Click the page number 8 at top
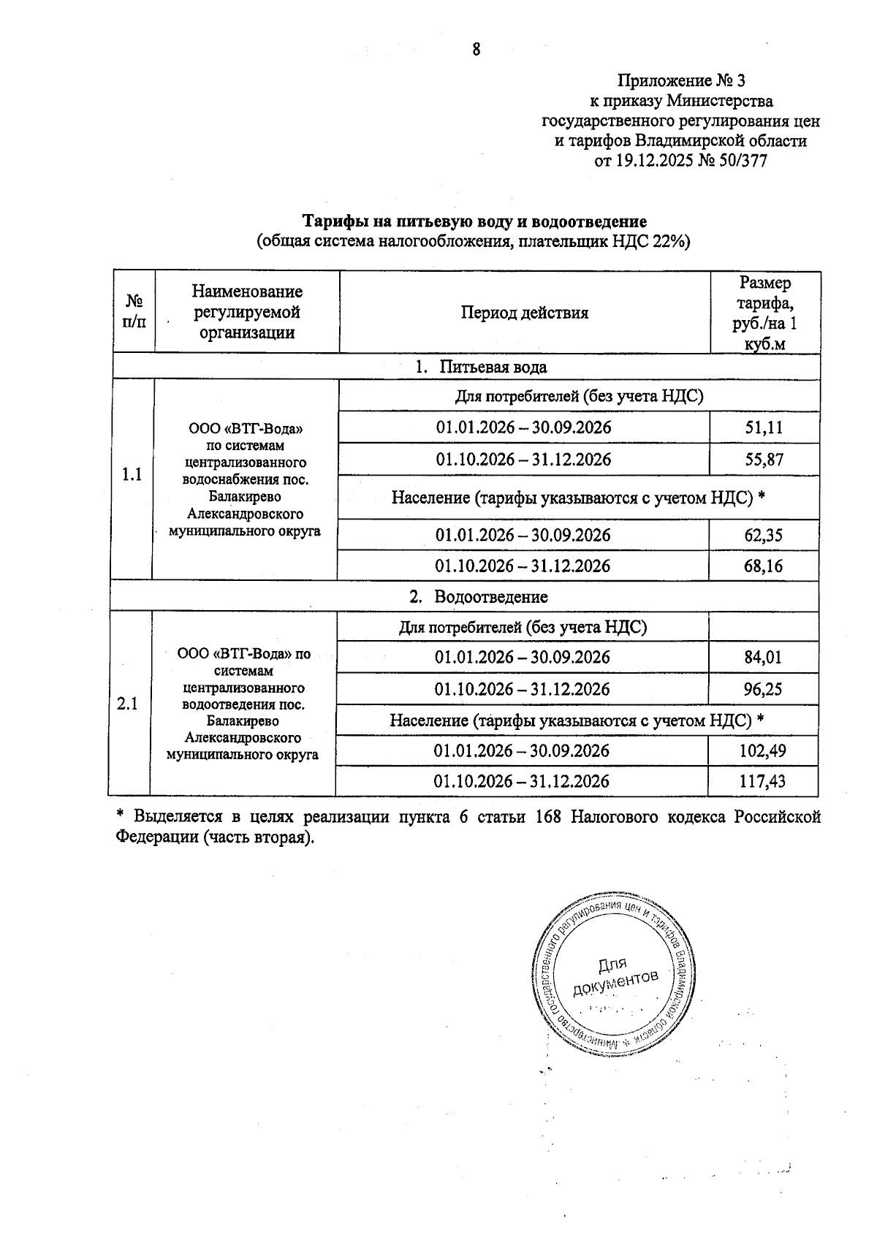477,49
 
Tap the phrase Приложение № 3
681,80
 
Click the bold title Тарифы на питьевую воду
475,221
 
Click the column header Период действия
524,313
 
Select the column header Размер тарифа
764,313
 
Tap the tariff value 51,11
764,427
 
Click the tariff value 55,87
764,460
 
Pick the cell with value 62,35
763,536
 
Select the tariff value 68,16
763,566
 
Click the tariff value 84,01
762,657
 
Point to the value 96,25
762,689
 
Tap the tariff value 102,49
762,750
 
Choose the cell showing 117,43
762,781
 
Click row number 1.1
132,475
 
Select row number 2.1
128,704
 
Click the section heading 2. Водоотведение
478,596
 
